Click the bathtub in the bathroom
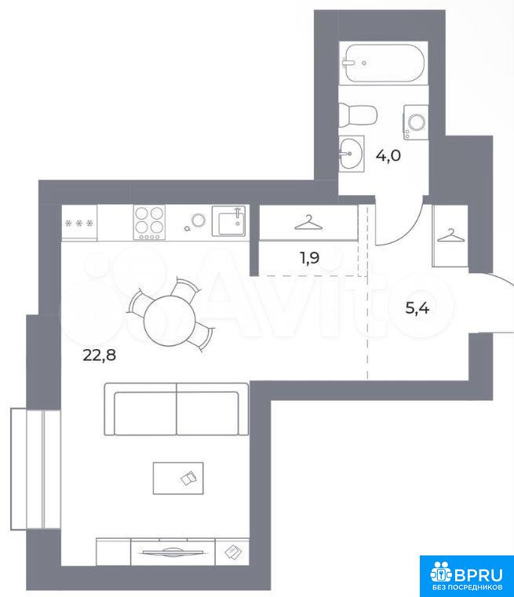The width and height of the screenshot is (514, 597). pos(382,64)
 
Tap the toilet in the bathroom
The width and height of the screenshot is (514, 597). pos(358,115)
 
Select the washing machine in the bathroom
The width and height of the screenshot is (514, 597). pos(416,122)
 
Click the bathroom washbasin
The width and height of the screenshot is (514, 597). pos(351,152)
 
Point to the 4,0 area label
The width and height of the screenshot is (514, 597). pos(388,156)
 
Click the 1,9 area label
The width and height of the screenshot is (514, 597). pos(309,258)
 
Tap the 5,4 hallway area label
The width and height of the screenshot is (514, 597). pos(417,308)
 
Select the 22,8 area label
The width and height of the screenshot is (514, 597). pos(100,355)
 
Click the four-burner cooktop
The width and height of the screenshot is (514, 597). pos(149,222)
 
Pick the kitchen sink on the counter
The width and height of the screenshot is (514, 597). pos(228,221)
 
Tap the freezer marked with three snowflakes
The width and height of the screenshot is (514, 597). pos(79,223)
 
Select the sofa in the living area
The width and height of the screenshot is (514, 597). pos(177,410)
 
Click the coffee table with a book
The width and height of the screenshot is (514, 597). pos(178,479)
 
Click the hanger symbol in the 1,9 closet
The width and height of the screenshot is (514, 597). pos(308,223)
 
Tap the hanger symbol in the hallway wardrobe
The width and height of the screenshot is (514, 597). pos(451,235)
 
